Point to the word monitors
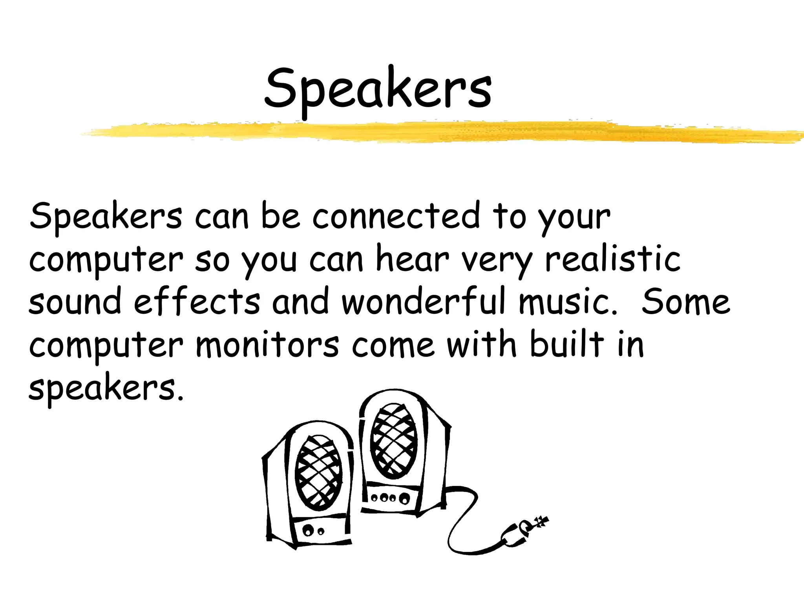pos(267,345)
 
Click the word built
pos(567,344)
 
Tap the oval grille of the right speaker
pos(393,441)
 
